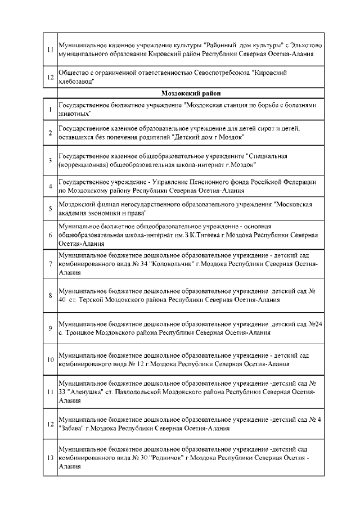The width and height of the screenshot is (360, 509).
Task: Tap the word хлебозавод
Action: [x=76, y=82]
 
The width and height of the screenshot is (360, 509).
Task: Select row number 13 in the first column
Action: [x=50, y=459]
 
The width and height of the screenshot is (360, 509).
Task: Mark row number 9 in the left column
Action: [x=50, y=328]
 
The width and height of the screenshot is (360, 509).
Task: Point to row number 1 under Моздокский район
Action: [x=50, y=109]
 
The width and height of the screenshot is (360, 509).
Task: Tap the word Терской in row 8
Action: [x=95, y=300]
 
